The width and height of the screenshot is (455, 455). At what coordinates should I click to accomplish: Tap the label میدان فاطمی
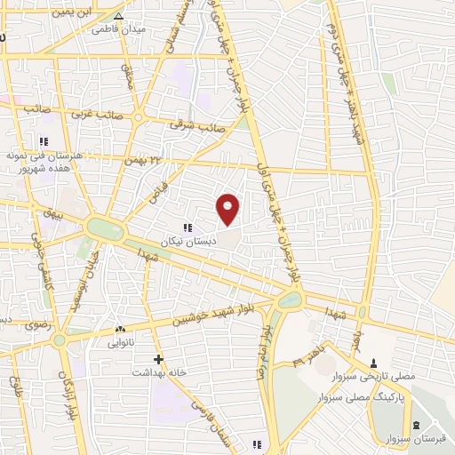(118, 28)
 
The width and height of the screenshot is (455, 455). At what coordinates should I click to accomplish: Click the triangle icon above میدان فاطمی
(118, 15)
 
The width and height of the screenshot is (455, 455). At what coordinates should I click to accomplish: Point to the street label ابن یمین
(71, 12)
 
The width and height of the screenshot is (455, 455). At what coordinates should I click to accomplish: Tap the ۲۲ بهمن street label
(147, 159)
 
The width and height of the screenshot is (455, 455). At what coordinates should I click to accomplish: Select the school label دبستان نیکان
(188, 241)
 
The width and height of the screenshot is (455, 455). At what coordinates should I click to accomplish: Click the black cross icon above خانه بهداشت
(158, 359)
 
